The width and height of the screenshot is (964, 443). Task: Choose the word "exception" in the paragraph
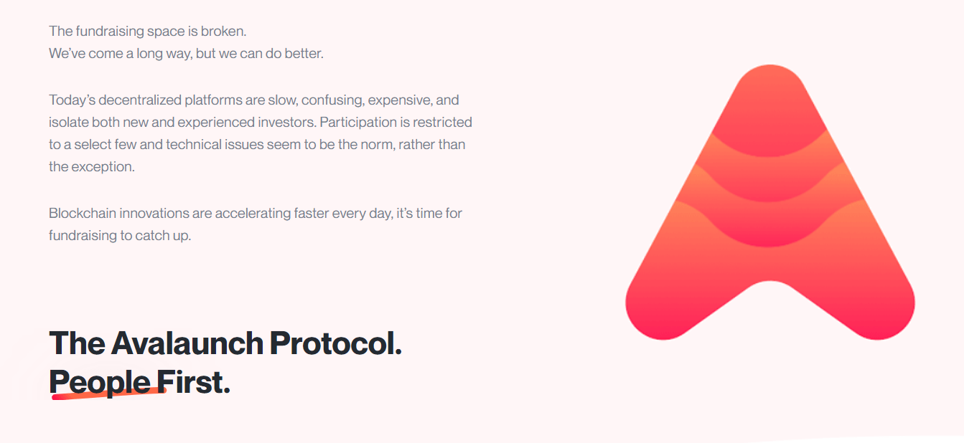click(102, 166)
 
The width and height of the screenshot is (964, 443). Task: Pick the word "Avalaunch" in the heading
click(187, 343)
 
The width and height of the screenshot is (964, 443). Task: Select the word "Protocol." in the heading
click(335, 343)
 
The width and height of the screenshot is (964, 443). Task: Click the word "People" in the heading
click(100, 381)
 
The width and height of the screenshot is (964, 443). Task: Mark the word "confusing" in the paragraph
click(331, 100)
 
